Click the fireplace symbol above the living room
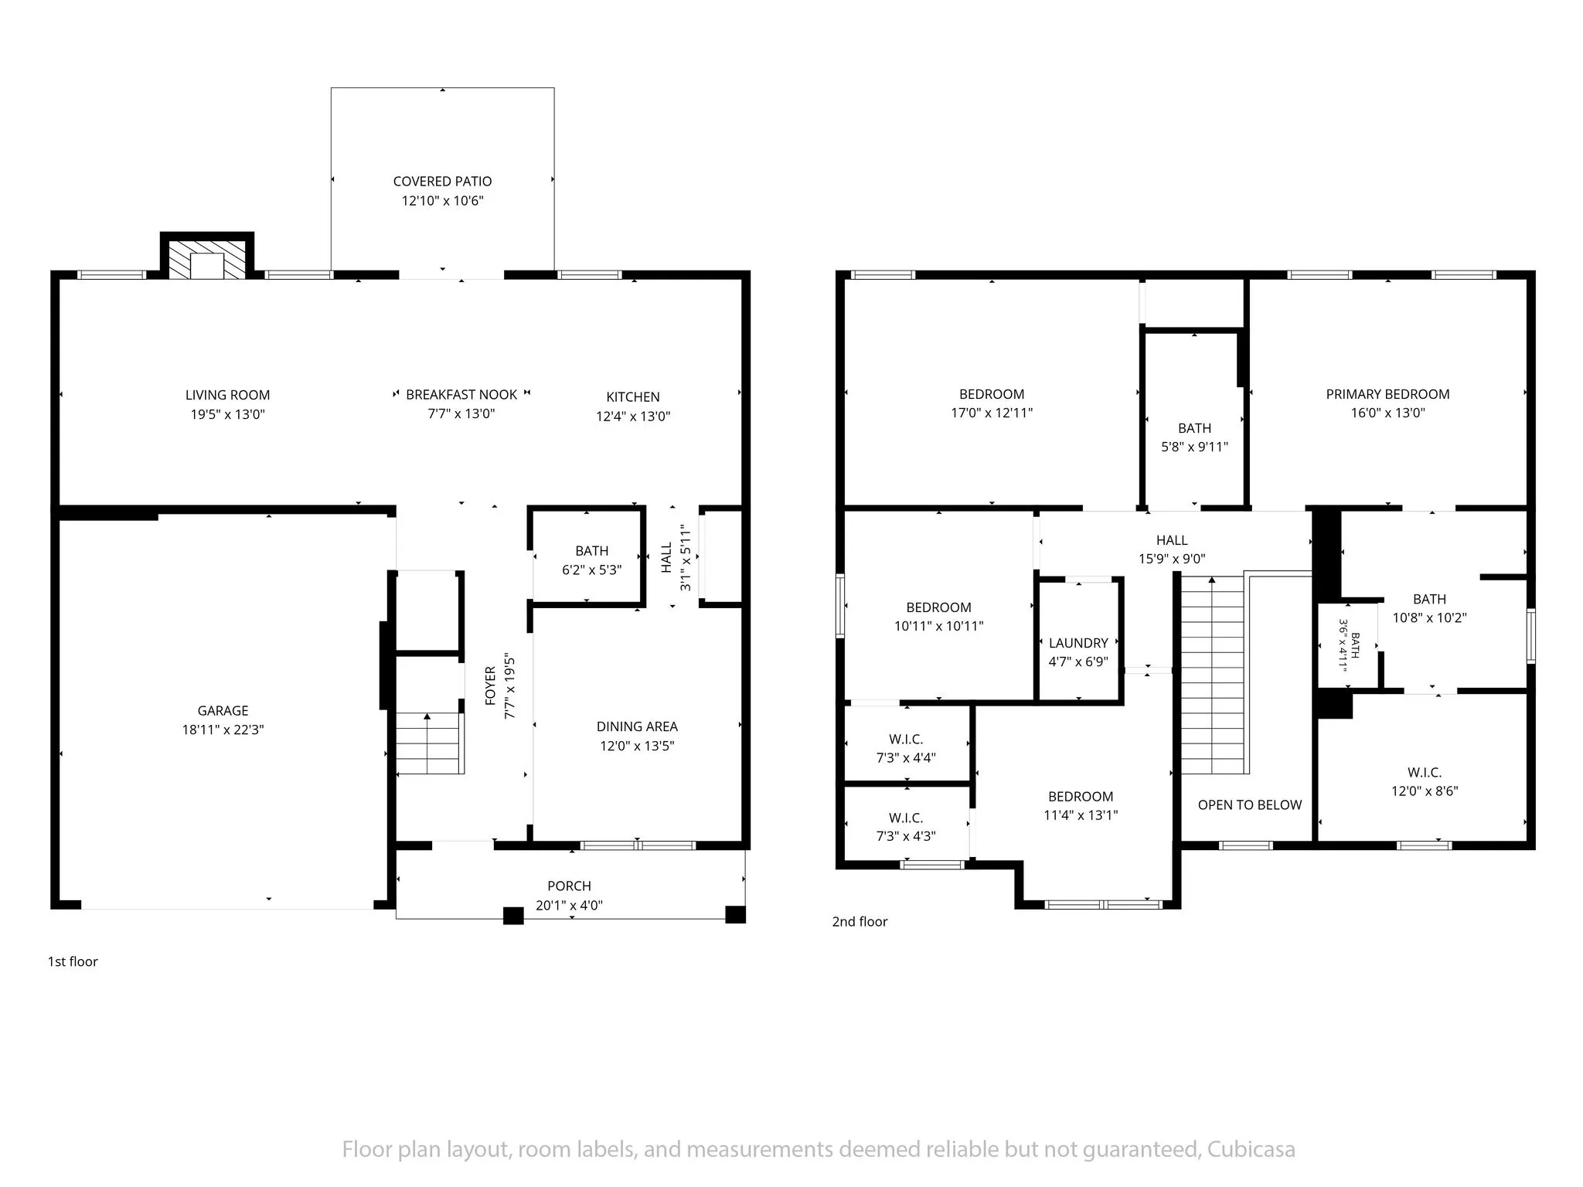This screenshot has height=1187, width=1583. (207, 255)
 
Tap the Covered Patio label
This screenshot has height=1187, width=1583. (442, 182)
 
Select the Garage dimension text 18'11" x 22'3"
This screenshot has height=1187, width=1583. (223, 730)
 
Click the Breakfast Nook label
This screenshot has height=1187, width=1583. (461, 395)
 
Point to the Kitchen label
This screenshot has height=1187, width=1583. (633, 397)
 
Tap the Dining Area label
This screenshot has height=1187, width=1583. (637, 726)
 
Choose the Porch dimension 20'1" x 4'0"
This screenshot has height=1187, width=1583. (570, 906)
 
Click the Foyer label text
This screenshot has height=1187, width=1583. (490, 686)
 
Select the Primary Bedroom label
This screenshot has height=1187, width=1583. (1388, 394)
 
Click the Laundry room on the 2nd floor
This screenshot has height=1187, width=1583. (1079, 641)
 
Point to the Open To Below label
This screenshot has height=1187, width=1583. (1250, 805)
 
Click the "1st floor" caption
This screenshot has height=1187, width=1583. (73, 962)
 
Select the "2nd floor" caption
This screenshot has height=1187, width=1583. (860, 922)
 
